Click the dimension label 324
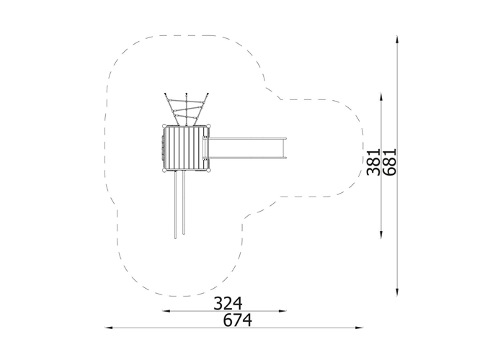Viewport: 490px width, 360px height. [228, 304]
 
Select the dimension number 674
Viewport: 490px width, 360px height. [238, 320]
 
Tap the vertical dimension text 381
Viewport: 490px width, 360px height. [373, 162]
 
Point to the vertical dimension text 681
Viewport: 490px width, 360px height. [390, 162]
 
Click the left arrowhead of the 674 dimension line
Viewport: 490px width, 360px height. [108, 328]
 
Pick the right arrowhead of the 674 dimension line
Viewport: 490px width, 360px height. [360, 328]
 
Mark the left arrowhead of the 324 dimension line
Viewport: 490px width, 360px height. [166, 311]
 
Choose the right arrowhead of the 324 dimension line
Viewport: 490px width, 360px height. [282, 311]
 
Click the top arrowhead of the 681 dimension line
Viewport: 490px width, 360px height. [397, 40]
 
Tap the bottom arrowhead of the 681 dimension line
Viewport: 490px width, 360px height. [397, 292]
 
